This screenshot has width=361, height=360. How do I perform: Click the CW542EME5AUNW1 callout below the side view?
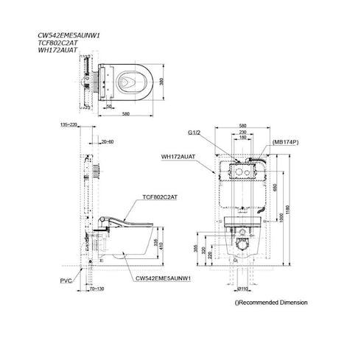click(x=163, y=279)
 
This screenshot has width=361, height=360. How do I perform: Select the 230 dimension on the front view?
click(x=243, y=132)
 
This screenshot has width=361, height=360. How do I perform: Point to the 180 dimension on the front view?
click(x=243, y=138)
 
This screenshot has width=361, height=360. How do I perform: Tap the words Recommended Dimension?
click(x=273, y=303)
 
